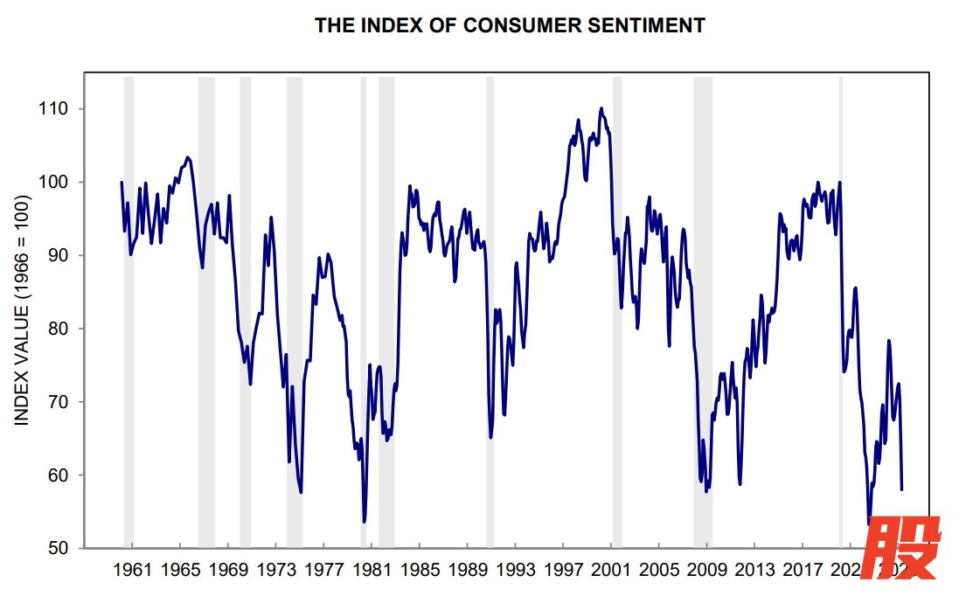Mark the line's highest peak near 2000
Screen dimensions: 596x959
tap(601, 108)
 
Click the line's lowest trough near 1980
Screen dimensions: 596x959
tap(364, 522)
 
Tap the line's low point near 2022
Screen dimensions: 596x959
tap(869, 524)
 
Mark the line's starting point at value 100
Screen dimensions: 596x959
tap(122, 182)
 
